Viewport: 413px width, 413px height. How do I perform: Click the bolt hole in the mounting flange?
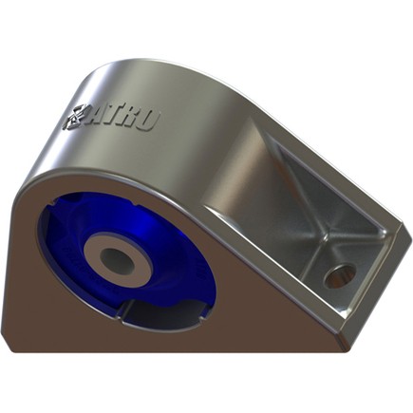tap(338, 275)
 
